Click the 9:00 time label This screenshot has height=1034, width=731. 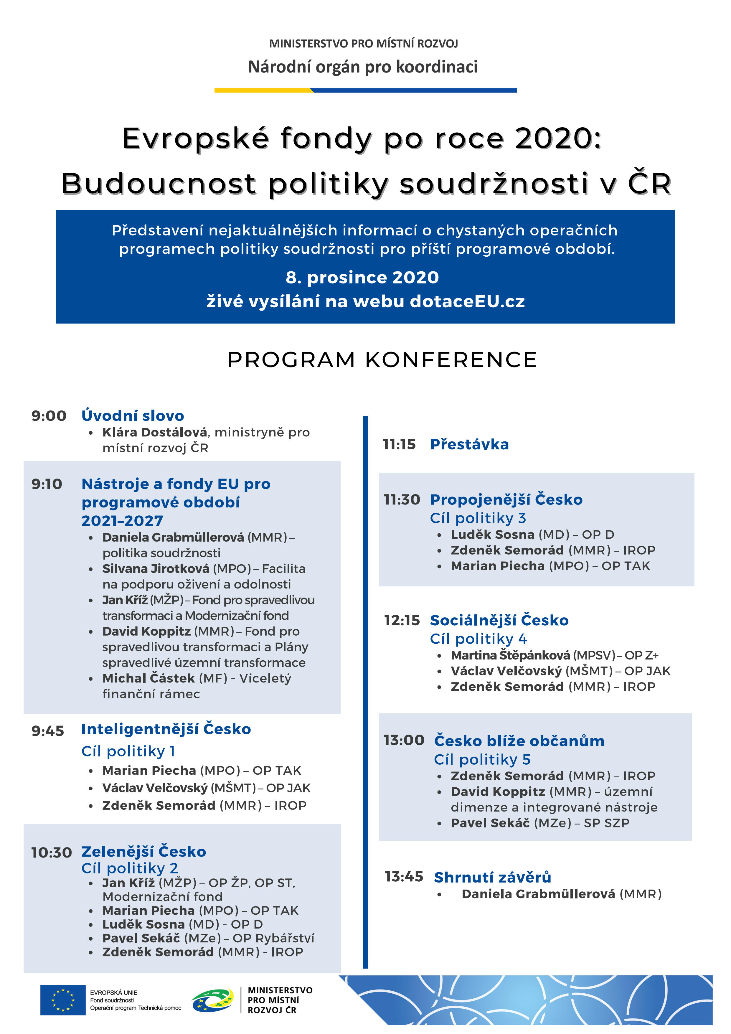coord(49,416)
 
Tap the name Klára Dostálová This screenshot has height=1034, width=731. coord(154,432)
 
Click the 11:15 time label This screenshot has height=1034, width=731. coord(399,444)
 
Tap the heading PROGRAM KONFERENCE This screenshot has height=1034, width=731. coord(382,360)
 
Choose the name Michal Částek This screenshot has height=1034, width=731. coord(148,678)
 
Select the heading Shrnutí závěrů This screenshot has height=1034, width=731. coord(492,877)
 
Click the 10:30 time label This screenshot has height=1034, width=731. coord(51,852)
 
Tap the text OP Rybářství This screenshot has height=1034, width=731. coord(273,938)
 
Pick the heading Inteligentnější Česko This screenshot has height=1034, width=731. coord(166,729)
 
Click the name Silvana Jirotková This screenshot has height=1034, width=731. coord(155,569)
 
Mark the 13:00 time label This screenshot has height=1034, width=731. coord(404,740)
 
